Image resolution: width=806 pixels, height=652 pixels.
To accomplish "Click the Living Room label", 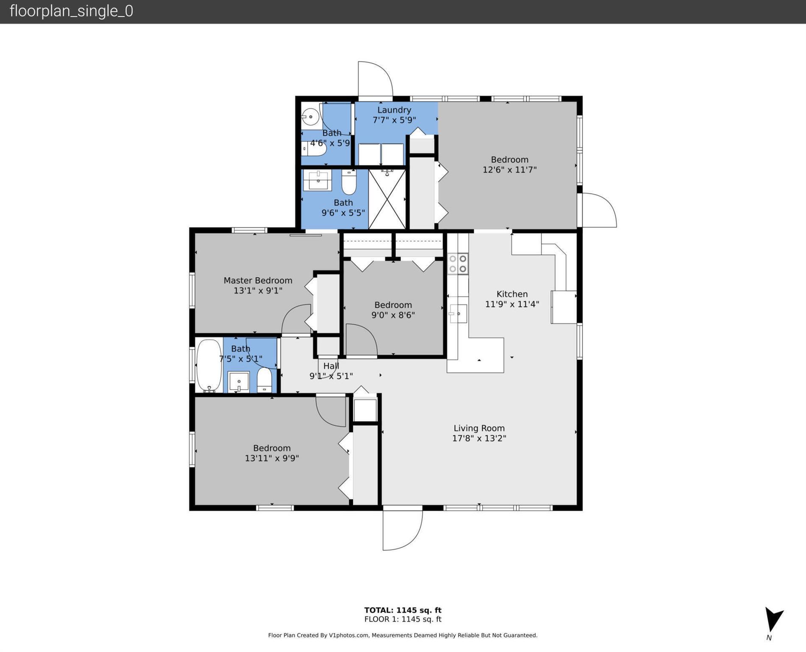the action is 479,428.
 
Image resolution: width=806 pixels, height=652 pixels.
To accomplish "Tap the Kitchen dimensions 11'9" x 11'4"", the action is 512,304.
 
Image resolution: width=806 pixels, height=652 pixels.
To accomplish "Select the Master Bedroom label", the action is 258,280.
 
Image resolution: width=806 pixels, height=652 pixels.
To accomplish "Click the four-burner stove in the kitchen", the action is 458,264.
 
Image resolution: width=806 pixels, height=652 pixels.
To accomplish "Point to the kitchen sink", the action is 458,314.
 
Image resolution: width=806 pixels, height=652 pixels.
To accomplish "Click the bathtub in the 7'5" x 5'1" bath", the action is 209,365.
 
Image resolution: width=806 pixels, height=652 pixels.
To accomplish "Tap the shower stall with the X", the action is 387,199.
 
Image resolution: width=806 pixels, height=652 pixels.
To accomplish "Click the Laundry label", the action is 394,110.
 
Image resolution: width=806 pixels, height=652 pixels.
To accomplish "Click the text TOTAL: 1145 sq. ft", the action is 403,610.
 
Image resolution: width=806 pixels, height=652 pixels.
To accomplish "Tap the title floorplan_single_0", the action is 71,11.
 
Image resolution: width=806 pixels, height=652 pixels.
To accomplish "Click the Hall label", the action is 331,366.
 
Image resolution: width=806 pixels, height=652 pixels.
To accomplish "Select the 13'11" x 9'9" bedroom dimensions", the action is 272,458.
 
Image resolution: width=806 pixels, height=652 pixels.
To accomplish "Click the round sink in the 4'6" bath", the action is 311,117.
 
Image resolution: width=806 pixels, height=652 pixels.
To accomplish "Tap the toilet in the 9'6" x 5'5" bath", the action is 349,182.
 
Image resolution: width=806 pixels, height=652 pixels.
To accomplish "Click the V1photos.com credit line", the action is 403,635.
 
